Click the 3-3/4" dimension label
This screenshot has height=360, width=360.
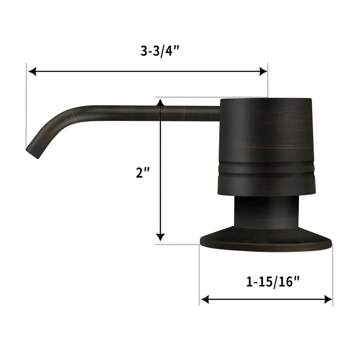pyautogui.click(x=147, y=51)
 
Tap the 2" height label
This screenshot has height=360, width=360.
pyautogui.click(x=142, y=173)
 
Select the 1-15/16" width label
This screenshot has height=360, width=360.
pyautogui.click(x=267, y=281)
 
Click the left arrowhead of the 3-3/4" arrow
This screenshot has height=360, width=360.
pyautogui.click(x=32, y=71)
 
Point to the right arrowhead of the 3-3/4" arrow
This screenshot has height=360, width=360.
pyautogui.click(x=264, y=71)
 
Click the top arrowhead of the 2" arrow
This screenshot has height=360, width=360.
pyautogui.click(x=161, y=103)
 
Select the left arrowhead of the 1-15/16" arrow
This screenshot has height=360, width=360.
pyautogui.click(x=204, y=299)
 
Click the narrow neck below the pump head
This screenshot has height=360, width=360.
pyautogui.click(x=265, y=213)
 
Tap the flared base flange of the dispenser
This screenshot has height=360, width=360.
pyautogui.click(x=265, y=242)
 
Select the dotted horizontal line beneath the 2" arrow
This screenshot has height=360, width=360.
pyautogui.click(x=177, y=244)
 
